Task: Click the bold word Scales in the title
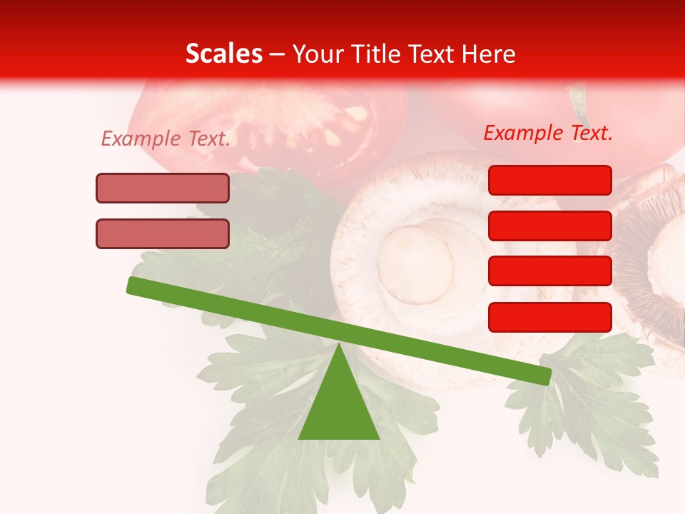coord(223,54)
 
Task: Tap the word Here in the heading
coord(489,54)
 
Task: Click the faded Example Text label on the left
coord(166,138)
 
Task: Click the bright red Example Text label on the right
coord(548,133)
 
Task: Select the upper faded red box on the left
coord(163,188)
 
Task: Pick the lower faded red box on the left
coord(163,233)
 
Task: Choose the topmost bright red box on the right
coord(549,180)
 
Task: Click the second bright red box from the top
coord(549,226)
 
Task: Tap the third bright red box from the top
coord(549,271)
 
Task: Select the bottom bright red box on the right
coord(549,317)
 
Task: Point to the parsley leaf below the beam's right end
coord(585,414)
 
